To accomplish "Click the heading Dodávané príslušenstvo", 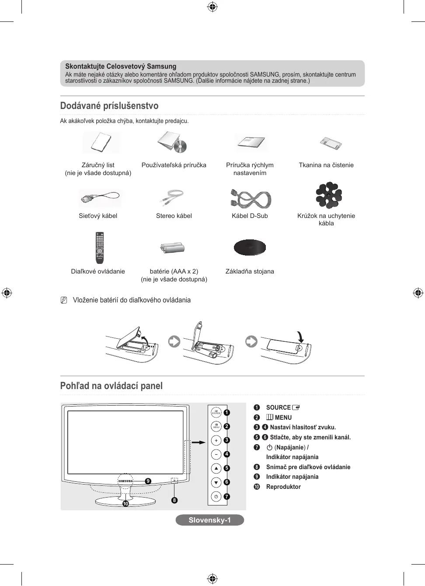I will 109,106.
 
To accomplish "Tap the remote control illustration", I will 100,247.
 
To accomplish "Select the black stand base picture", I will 250,247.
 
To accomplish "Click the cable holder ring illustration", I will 328,195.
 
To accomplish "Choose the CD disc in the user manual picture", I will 180,146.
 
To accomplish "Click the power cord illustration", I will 100,198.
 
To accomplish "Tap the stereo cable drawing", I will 172,197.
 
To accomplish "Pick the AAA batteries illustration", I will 173,248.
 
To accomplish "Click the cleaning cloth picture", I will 331,143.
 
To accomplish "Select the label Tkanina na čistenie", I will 326,165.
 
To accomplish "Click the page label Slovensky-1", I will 209,520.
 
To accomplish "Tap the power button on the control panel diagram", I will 216,496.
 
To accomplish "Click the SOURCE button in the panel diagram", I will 216,412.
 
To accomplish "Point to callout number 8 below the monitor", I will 174,500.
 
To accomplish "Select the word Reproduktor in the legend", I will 283,487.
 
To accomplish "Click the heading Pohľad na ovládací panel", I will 111,386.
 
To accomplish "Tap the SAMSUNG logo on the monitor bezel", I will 125,481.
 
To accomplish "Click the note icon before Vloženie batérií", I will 64,300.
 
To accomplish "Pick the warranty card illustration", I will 101,142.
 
